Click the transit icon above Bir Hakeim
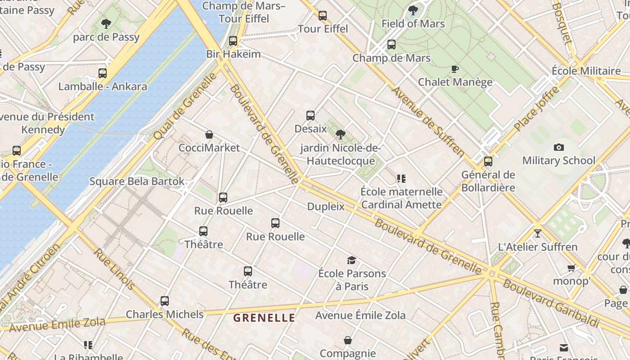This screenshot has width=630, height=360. click(233, 41)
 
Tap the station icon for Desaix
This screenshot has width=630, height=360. click(310, 116)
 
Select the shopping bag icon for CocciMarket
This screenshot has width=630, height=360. click(209, 135)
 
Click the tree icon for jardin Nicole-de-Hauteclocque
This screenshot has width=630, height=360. click(341, 135)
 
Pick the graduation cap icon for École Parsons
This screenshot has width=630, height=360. click(351, 260)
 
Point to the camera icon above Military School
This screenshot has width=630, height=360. click(559, 147)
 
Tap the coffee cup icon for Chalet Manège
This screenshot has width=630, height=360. click(454, 69)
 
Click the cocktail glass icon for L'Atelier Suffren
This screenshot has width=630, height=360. click(537, 234)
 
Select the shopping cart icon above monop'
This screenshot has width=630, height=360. click(571, 268)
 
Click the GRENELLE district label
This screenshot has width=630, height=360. click(264, 318)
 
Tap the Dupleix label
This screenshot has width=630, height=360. click(326, 207)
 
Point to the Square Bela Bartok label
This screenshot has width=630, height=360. click(137, 181)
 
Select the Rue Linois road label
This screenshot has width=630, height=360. click(114, 269)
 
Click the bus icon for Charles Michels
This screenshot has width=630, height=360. click(165, 301)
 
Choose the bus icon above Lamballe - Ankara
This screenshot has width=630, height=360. click(103, 73)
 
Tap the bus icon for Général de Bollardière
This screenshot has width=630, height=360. click(488, 162)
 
